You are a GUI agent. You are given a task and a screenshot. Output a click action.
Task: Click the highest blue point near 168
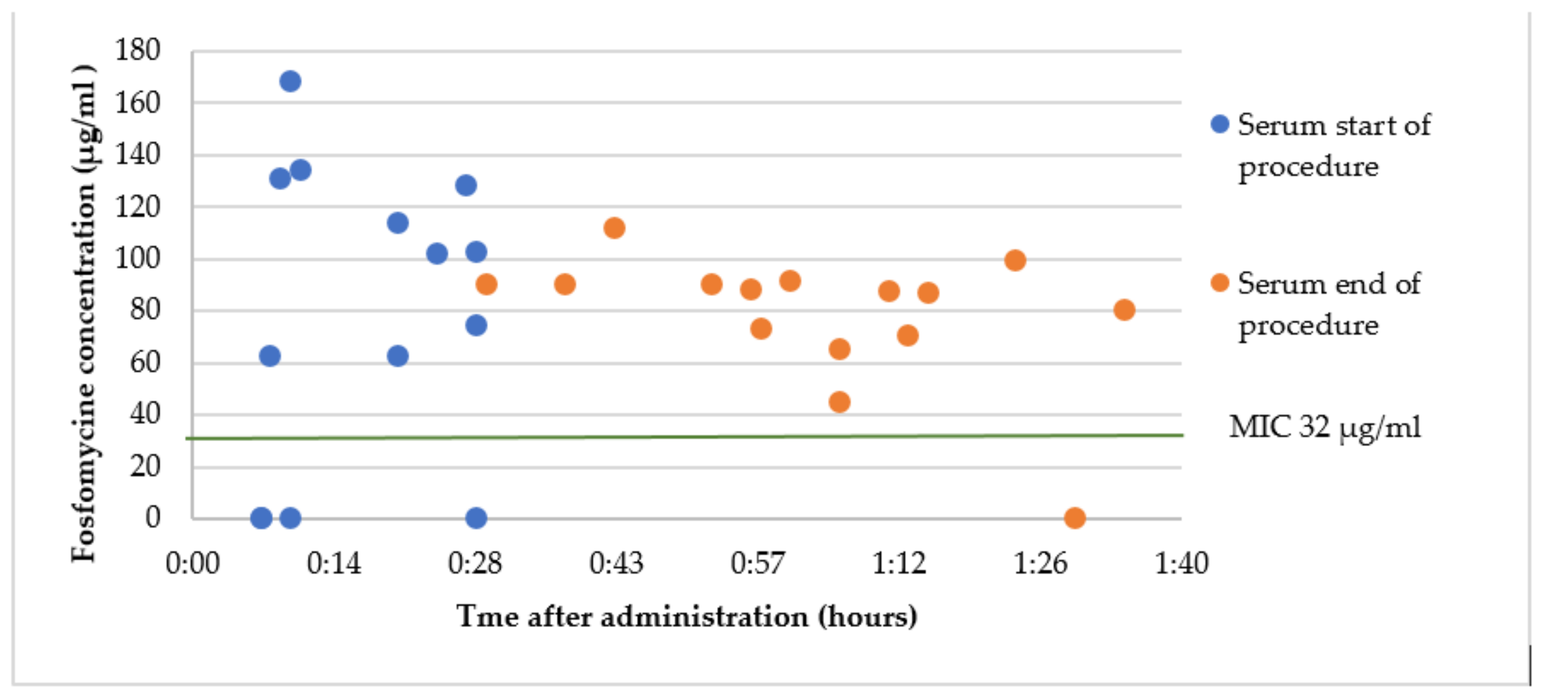coord(290,81)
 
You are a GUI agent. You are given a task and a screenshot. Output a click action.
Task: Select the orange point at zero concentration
coord(1074,518)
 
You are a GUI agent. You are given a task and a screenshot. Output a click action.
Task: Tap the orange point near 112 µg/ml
coord(614,228)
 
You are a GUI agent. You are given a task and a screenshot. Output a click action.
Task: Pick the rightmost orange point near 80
coord(1124,310)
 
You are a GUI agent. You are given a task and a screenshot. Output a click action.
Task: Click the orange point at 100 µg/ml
coord(1015,260)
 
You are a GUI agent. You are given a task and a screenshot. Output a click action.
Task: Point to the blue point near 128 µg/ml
coord(466,185)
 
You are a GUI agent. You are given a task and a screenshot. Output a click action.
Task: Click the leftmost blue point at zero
coord(261,518)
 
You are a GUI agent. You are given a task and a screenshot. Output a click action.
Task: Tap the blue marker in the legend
coord(1220,125)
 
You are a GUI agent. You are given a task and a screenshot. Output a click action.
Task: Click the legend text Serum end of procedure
coord(1328,304)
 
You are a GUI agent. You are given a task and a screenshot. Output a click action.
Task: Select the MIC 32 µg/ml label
coord(1324,427)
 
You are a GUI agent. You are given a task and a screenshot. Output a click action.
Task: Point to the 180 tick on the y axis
coord(138,50)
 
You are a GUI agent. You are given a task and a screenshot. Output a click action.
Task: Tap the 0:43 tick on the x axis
coord(616,564)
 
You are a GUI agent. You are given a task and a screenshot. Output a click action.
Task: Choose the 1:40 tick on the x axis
coord(1181,564)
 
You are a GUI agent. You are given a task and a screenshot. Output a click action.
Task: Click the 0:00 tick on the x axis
coord(193,564)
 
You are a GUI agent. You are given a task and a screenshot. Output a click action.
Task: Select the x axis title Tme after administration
coord(686,617)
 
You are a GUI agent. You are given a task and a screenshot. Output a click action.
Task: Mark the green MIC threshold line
coord(658,437)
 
